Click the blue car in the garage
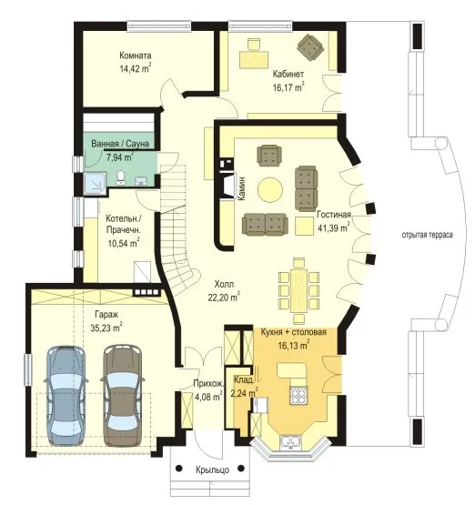pos(66,395)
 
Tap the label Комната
pos(136,56)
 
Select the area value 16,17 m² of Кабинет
pos(288,86)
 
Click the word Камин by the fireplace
pos(241,188)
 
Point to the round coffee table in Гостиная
pos(270,189)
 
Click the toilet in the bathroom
pos(121,177)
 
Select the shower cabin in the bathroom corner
pos(95,183)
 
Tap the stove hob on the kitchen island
pos(298,395)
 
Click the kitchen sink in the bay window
pos(290,441)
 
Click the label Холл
pos(224,285)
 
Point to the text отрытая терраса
pos(428,235)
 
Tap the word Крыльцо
pos(213,470)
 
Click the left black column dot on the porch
pos(179,468)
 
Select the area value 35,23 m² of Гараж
pos(106,328)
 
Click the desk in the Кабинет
pos(254,59)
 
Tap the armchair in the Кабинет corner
pos(310,47)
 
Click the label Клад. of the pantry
pos(244,380)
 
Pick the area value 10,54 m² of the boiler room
pos(124,243)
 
